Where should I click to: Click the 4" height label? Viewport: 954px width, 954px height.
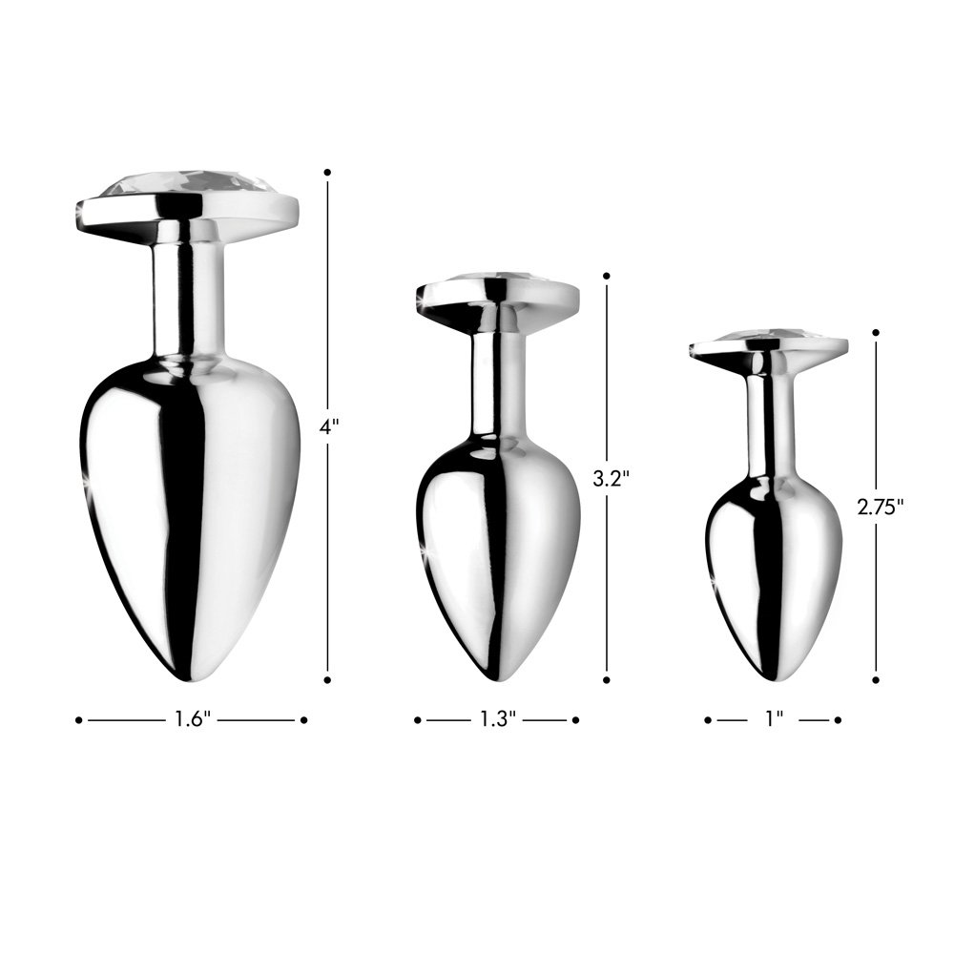(x=329, y=427)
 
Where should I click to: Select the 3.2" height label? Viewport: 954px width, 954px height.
(x=608, y=479)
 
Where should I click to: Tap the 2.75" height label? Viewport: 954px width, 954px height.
(x=880, y=507)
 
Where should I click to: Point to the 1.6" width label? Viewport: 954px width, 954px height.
(x=192, y=720)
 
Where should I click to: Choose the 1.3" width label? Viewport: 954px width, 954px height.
(x=497, y=720)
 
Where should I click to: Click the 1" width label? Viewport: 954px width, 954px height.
(x=772, y=720)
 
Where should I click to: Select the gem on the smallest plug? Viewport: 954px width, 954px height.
(x=769, y=338)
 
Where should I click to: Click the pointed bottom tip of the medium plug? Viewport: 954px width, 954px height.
(x=497, y=677)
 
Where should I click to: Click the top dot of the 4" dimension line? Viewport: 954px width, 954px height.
(x=327, y=173)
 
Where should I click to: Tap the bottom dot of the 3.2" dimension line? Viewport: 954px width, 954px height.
(x=607, y=680)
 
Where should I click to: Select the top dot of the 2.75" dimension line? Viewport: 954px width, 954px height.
(x=876, y=333)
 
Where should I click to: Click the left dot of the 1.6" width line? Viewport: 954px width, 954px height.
(x=78, y=720)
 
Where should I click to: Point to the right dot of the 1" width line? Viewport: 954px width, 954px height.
(x=837, y=720)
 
